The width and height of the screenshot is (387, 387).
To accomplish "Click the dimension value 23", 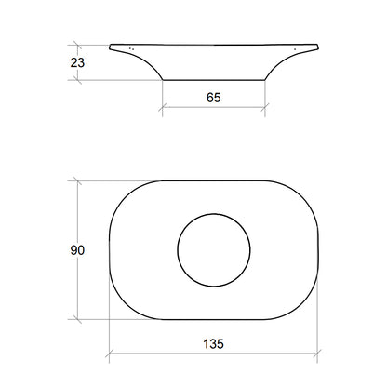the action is click(x=77, y=62).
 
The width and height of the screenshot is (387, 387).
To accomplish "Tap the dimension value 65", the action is click(x=214, y=98).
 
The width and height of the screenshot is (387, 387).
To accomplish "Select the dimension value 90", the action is click(x=77, y=250).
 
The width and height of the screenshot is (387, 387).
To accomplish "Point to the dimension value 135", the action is click(x=214, y=344).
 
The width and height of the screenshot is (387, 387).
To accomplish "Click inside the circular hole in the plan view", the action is click(x=214, y=250).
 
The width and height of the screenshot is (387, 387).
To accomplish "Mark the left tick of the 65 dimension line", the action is click(x=163, y=107).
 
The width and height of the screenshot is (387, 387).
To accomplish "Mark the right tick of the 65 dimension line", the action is click(x=265, y=107).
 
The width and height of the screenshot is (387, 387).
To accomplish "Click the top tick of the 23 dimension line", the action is click(x=77, y=45).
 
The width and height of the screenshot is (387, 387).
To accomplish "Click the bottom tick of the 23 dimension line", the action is click(x=77, y=80).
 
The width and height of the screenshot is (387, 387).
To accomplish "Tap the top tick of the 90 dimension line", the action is click(x=77, y=180).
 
